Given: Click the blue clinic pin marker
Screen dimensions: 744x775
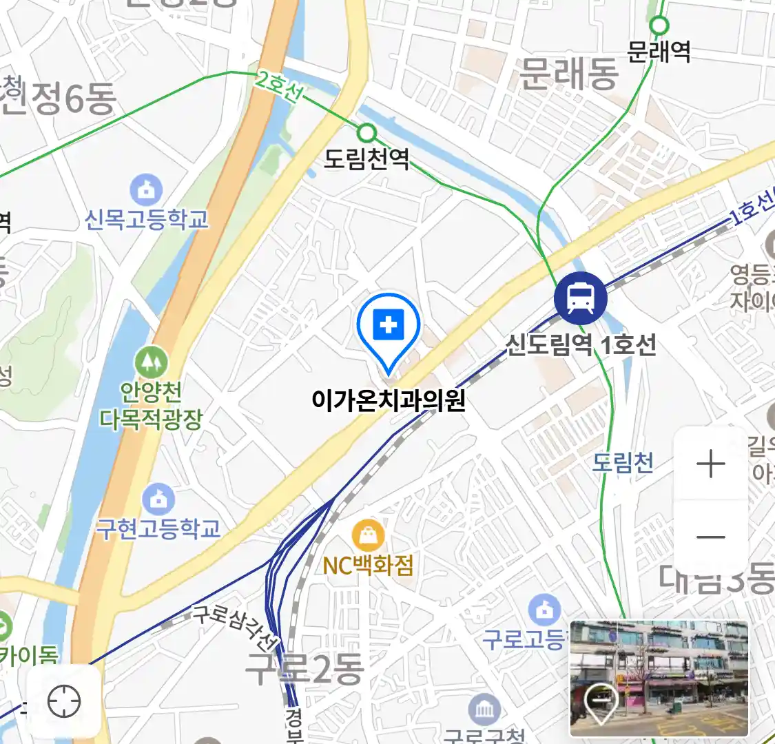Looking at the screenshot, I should click(389, 328).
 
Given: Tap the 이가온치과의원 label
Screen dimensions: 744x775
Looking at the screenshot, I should click(389, 400).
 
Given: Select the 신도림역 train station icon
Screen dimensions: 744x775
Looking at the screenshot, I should click(581, 298).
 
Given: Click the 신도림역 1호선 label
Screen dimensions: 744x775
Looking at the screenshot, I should click(581, 344).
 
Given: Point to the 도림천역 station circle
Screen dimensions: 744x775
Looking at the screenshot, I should click(368, 132).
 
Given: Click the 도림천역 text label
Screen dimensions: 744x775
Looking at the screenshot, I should click(367, 159).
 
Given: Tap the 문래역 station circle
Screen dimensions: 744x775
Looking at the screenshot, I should click(659, 25).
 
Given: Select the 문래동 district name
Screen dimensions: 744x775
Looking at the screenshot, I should click(568, 74).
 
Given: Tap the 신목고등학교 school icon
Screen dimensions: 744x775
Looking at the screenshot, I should click(146, 190).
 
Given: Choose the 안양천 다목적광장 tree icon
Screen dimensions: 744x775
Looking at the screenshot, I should click(151, 361).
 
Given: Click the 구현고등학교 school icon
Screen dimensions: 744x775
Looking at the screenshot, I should click(158, 499).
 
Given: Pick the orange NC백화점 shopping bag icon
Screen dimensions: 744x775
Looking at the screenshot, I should click(368, 535).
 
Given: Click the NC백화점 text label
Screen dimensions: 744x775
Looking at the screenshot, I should click(368, 566).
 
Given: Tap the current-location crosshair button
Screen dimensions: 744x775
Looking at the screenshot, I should click(64, 702).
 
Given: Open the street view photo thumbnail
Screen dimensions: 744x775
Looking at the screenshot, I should click(659, 678).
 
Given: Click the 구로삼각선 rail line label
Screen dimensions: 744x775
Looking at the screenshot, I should click(234, 628).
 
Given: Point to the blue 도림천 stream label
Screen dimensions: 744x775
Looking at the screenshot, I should click(623, 462).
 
